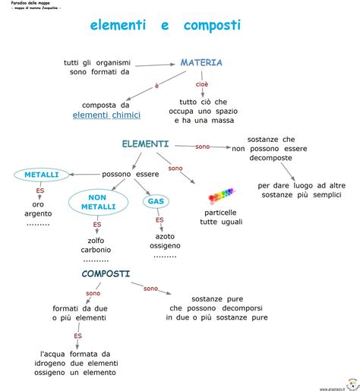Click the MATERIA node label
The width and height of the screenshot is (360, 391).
pos(201,63)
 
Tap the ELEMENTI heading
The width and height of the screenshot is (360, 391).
pos(145,143)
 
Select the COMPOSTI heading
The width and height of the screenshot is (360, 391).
pos(106,273)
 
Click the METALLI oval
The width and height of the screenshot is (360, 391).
pos(41,175)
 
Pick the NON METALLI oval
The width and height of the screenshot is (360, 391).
pos(96,203)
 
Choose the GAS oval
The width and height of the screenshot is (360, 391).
pos(156,201)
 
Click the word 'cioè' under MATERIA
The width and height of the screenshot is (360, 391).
pos(201,84)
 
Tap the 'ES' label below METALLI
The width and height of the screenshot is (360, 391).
pos(39,191)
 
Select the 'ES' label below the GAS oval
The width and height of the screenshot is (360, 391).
pos(159,219)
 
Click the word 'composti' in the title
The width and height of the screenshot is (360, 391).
pos(212,26)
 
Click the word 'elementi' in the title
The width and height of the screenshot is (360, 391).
pos(118,26)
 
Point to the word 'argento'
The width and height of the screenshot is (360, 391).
pos(38,215)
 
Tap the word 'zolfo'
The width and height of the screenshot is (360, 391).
pos(96,240)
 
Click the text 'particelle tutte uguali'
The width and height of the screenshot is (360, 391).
pos(220,218)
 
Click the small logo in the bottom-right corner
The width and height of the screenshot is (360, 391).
pos(352,383)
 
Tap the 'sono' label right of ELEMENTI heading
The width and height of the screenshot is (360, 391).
pos(202,146)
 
